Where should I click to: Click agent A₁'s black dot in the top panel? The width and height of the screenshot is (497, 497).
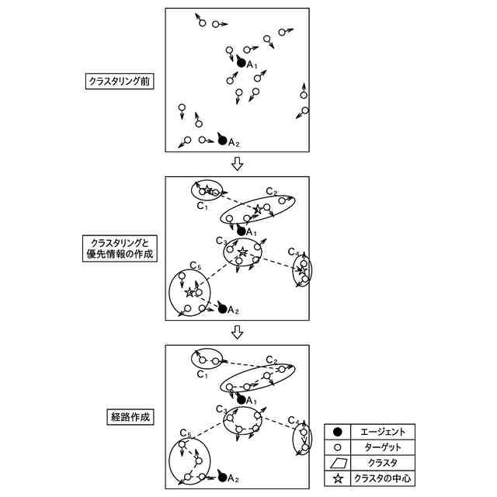[241, 62]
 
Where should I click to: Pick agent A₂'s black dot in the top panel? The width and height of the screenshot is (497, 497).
[222, 141]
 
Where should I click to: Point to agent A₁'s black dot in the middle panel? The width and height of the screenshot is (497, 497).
[241, 231]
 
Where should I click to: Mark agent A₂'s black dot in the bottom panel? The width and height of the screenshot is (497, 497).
[222, 476]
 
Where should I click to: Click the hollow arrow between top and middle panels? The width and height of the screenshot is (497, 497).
[238, 165]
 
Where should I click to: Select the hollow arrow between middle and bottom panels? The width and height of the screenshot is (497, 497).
[238, 332]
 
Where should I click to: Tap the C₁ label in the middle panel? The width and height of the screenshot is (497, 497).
[201, 207]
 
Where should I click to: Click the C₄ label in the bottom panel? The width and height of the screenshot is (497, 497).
[292, 421]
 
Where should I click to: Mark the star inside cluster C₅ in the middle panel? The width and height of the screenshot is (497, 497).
[189, 293]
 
